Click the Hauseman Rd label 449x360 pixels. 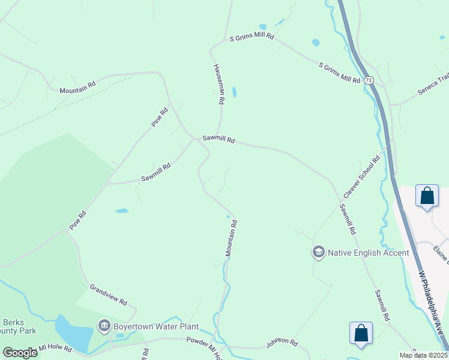[218, 85]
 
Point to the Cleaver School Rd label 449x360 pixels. [362, 178]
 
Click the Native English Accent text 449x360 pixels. [369, 253]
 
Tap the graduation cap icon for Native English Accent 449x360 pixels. [318, 252]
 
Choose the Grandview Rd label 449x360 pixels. [109, 293]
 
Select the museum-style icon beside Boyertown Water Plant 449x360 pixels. [104, 327]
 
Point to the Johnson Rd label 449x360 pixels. [282, 344]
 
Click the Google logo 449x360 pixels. [19, 353]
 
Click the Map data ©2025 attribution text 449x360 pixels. [423, 355]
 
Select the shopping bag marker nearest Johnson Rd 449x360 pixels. [361, 334]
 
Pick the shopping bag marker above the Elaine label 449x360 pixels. [427, 196]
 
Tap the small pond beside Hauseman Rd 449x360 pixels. [234, 92]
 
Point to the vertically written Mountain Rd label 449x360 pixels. [231, 239]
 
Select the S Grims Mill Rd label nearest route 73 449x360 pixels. [339, 72]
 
